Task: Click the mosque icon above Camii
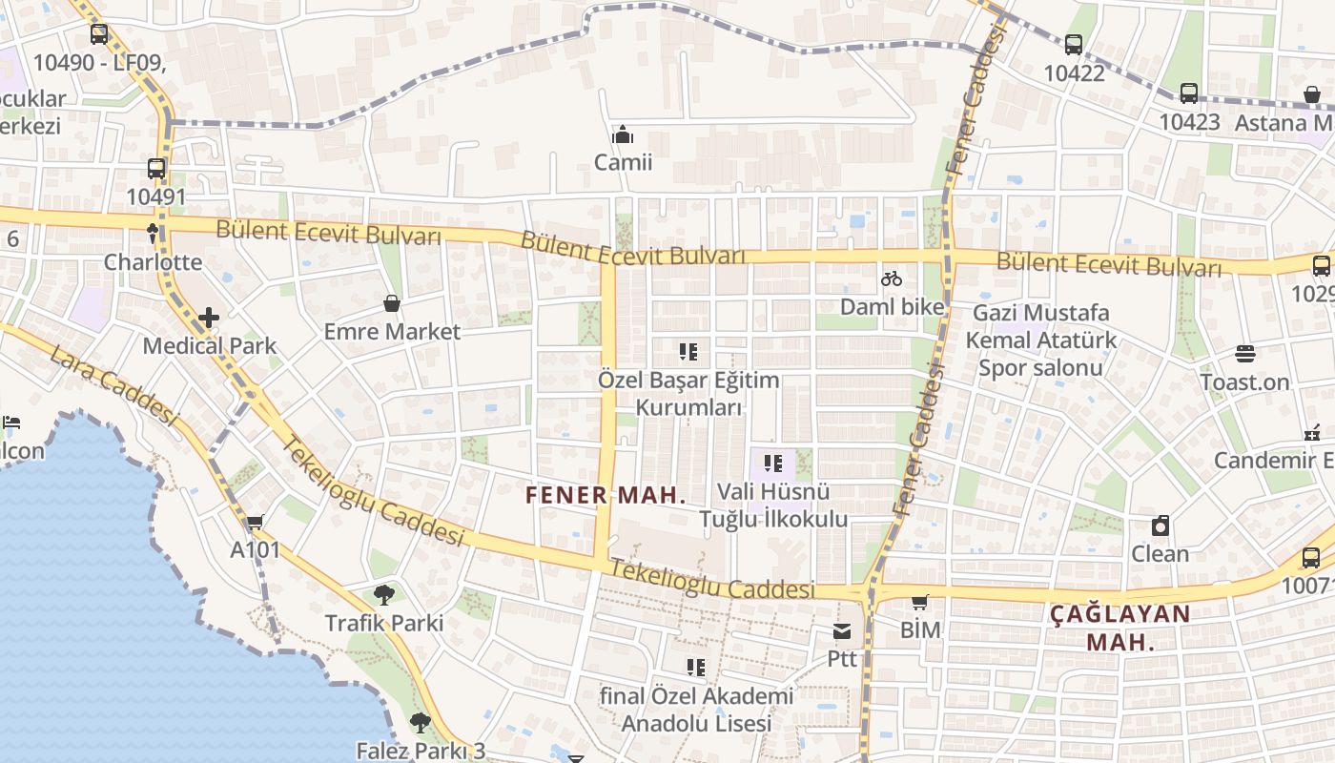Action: tap(623, 134)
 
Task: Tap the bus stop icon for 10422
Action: tap(1074, 44)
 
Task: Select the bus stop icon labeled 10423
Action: tap(1188, 93)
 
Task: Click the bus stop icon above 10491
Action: tap(156, 169)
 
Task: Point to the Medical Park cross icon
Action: tap(209, 317)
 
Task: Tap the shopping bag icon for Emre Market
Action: tap(391, 303)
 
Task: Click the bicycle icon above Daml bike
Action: tap(892, 278)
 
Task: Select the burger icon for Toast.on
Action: tap(1244, 354)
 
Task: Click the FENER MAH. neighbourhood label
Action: tap(606, 495)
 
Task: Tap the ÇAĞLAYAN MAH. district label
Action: tap(1120, 628)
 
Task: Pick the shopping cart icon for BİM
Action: tap(920, 602)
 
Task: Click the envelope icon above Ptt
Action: tap(842, 631)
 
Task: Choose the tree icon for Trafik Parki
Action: tap(384, 595)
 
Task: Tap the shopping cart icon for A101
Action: tap(255, 522)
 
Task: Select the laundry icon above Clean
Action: tap(1160, 526)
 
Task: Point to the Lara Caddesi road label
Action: tap(113, 385)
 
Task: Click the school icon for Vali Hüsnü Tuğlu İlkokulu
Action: tap(773, 464)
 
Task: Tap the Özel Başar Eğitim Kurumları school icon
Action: tap(688, 352)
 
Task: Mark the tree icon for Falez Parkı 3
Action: tap(420, 722)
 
